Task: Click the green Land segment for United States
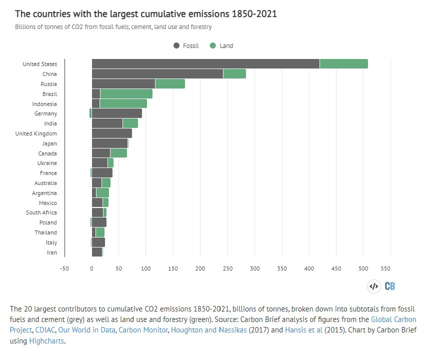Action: coord(343,64)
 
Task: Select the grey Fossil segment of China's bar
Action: coord(157,74)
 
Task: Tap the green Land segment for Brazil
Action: coord(126,94)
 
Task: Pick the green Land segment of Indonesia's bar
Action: coord(123,103)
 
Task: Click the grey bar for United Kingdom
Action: coord(111,133)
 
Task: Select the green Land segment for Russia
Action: coord(170,84)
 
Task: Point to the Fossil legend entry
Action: coord(186,45)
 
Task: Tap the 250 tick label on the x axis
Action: coord(227,268)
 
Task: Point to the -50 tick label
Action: coord(64,268)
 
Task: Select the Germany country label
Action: coord(46,113)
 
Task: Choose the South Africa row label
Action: coord(41,212)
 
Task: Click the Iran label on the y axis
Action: coord(52,252)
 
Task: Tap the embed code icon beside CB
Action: coord(373,286)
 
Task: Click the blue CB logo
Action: coord(389,286)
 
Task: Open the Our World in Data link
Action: coord(85,330)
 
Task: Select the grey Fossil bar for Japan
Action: coord(109,143)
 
